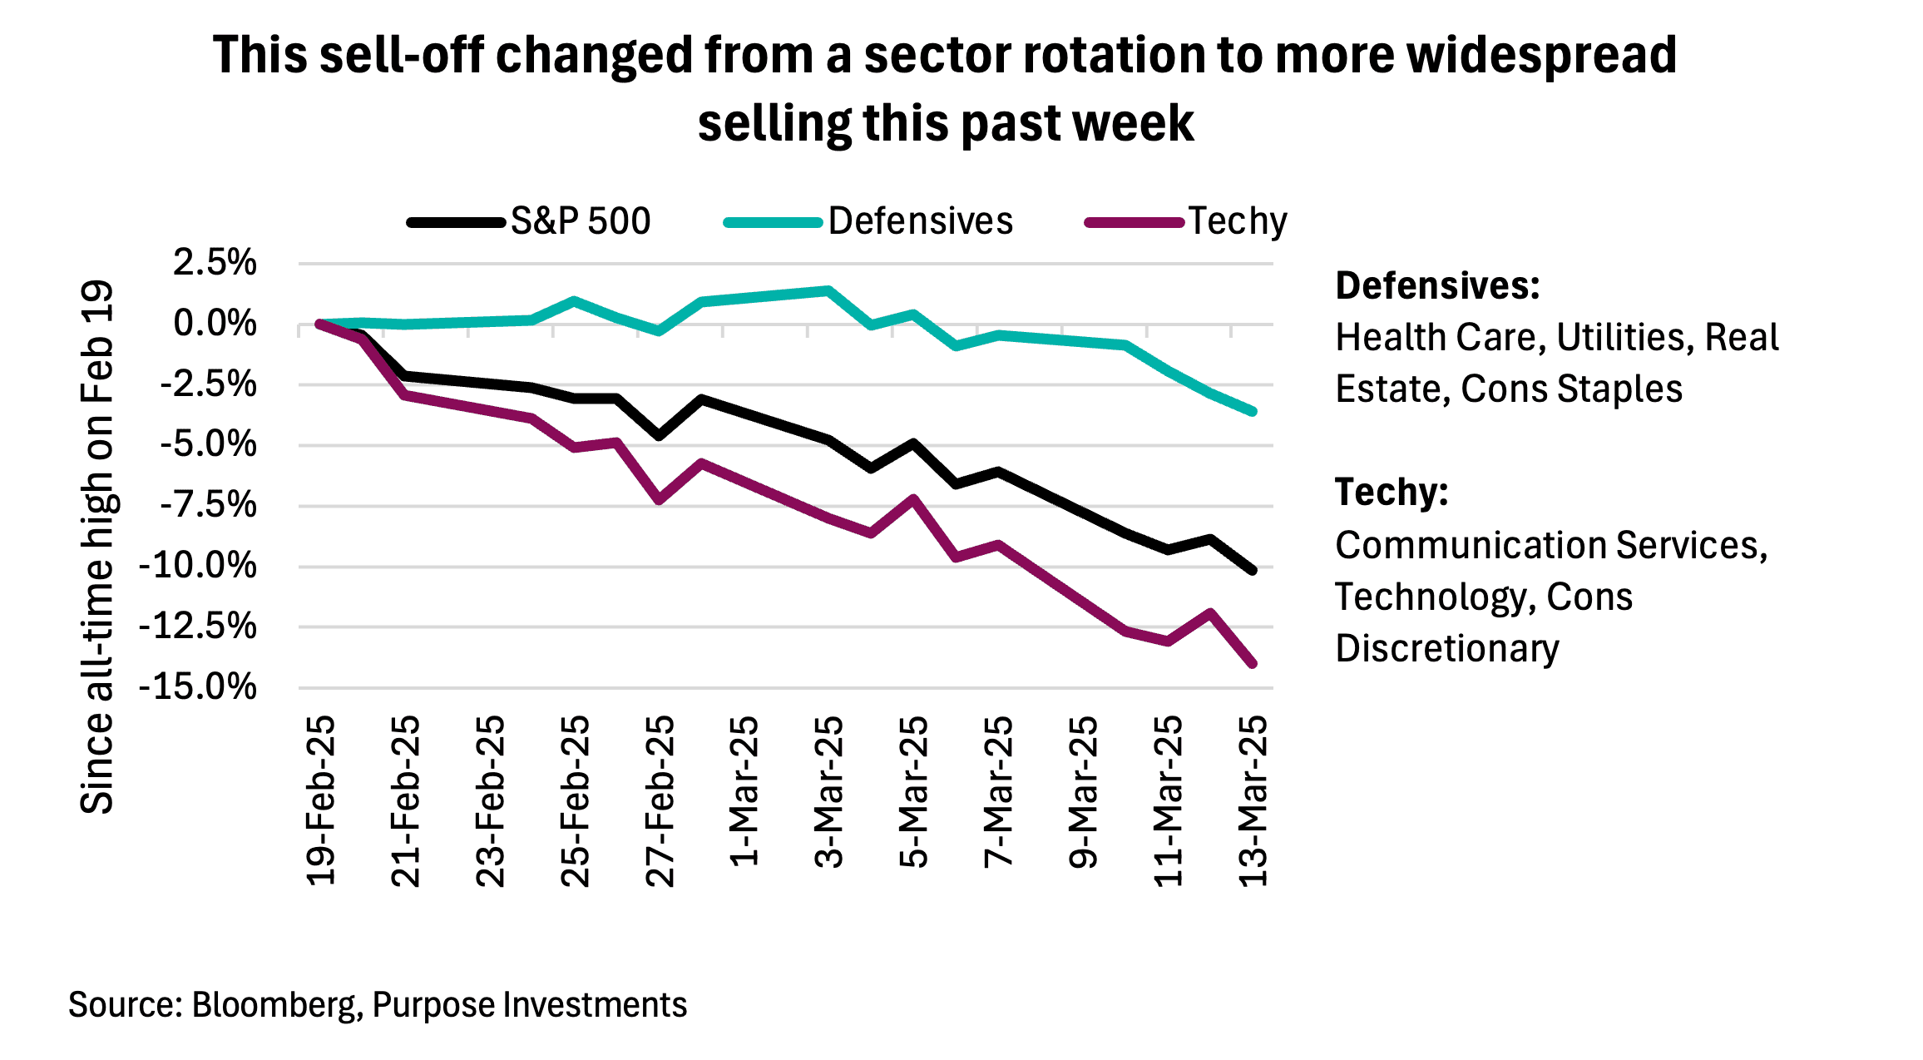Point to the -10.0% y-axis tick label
(198, 567)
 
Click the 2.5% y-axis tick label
(215, 263)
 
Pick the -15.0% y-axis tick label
(198, 687)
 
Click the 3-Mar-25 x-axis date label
(829, 791)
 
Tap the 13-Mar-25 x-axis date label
(1253, 800)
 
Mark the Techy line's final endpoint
(1253, 664)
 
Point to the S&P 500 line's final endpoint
(1253, 570)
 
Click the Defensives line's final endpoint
(1253, 411)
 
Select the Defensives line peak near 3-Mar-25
(828, 290)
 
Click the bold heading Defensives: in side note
(1437, 286)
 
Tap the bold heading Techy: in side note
(1392, 493)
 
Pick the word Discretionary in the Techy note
(1447, 649)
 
